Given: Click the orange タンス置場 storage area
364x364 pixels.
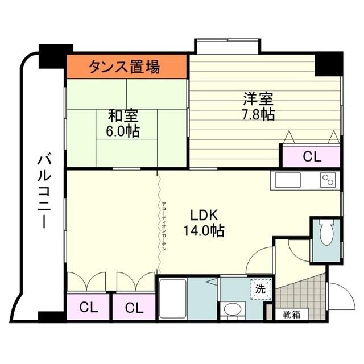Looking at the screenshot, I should point(127,67).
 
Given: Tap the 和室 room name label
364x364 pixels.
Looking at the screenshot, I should point(123,116).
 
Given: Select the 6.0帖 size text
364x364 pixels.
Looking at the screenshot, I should point(123,131).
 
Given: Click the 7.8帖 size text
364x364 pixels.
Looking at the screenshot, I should point(258,114).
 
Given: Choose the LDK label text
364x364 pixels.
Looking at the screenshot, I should point(204,216).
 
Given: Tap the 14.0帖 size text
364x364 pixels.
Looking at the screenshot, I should point(204,231).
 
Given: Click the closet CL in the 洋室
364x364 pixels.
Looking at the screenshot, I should point(311,156).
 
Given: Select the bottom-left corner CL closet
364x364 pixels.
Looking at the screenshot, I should point(88,308).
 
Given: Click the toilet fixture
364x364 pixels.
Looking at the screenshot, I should point(326,233).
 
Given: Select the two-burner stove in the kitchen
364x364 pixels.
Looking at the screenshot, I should point(328,180).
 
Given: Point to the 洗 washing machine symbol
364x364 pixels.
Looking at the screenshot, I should point(260,289).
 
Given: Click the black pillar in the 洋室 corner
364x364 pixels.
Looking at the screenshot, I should point(328,63).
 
